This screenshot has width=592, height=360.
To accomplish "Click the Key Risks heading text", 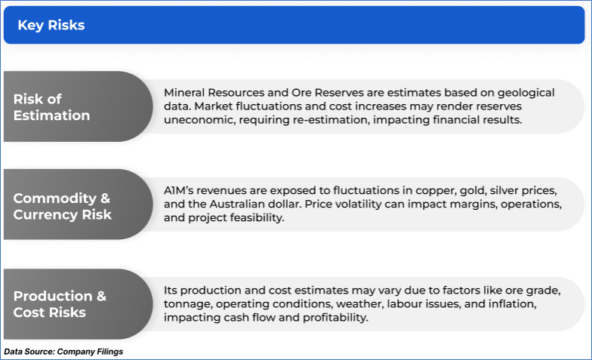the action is pyautogui.click(x=51, y=26).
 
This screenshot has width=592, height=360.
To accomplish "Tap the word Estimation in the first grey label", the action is pyautogui.click(x=51, y=115).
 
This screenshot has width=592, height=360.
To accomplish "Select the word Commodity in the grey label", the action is pyautogui.click(x=55, y=198).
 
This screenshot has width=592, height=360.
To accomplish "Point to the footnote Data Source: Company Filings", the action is pyautogui.click(x=63, y=352).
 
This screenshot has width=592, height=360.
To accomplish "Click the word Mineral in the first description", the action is pyautogui.click(x=184, y=92).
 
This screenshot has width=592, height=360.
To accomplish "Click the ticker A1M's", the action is pyautogui.click(x=178, y=190).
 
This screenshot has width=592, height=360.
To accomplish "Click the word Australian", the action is pyautogui.click(x=233, y=204).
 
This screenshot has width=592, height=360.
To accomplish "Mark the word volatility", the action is pyautogui.click(x=353, y=205).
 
